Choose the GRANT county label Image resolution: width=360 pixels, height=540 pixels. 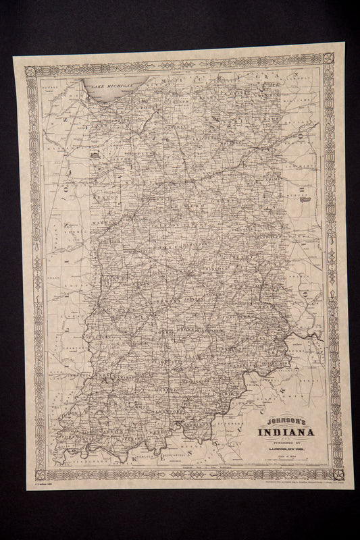224,200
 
